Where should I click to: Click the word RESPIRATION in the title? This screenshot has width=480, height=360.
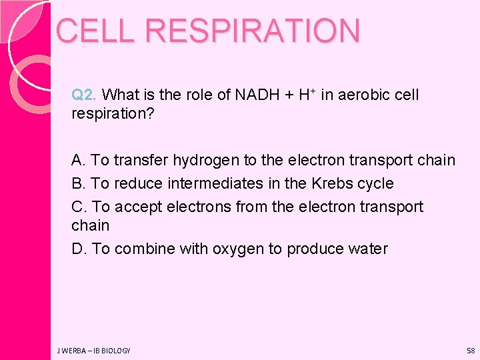pos(253,31)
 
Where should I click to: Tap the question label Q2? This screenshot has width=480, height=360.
pos(85,95)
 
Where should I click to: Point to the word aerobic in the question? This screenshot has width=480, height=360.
pos(363,95)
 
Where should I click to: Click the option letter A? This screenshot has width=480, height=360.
pos(79,161)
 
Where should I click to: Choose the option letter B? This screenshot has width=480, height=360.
pos(79,183)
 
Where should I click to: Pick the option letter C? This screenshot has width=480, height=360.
pos(79,207)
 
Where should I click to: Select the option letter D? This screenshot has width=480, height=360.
pos(79,249)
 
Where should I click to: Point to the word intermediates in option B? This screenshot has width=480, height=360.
pos(210,183)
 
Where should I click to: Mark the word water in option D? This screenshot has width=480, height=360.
pos(369,249)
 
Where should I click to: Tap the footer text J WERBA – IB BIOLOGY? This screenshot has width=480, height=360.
pos(93,351)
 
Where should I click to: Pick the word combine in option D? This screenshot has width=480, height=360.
pos(143,249)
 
